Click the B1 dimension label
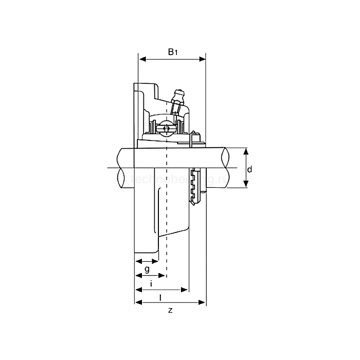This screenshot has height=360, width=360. click(173, 52)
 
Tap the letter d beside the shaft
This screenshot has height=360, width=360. click(249, 169)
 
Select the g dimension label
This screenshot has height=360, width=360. click(147, 269)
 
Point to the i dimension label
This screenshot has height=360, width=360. click(151, 283)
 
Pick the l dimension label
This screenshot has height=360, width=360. click(160, 297)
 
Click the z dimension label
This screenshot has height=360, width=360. click(170, 311)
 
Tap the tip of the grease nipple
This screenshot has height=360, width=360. click(179, 93)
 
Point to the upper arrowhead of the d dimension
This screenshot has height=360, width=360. click(245, 151)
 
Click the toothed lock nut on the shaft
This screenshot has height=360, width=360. click(195, 186)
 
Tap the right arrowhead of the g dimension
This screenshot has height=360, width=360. click(156, 262)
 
